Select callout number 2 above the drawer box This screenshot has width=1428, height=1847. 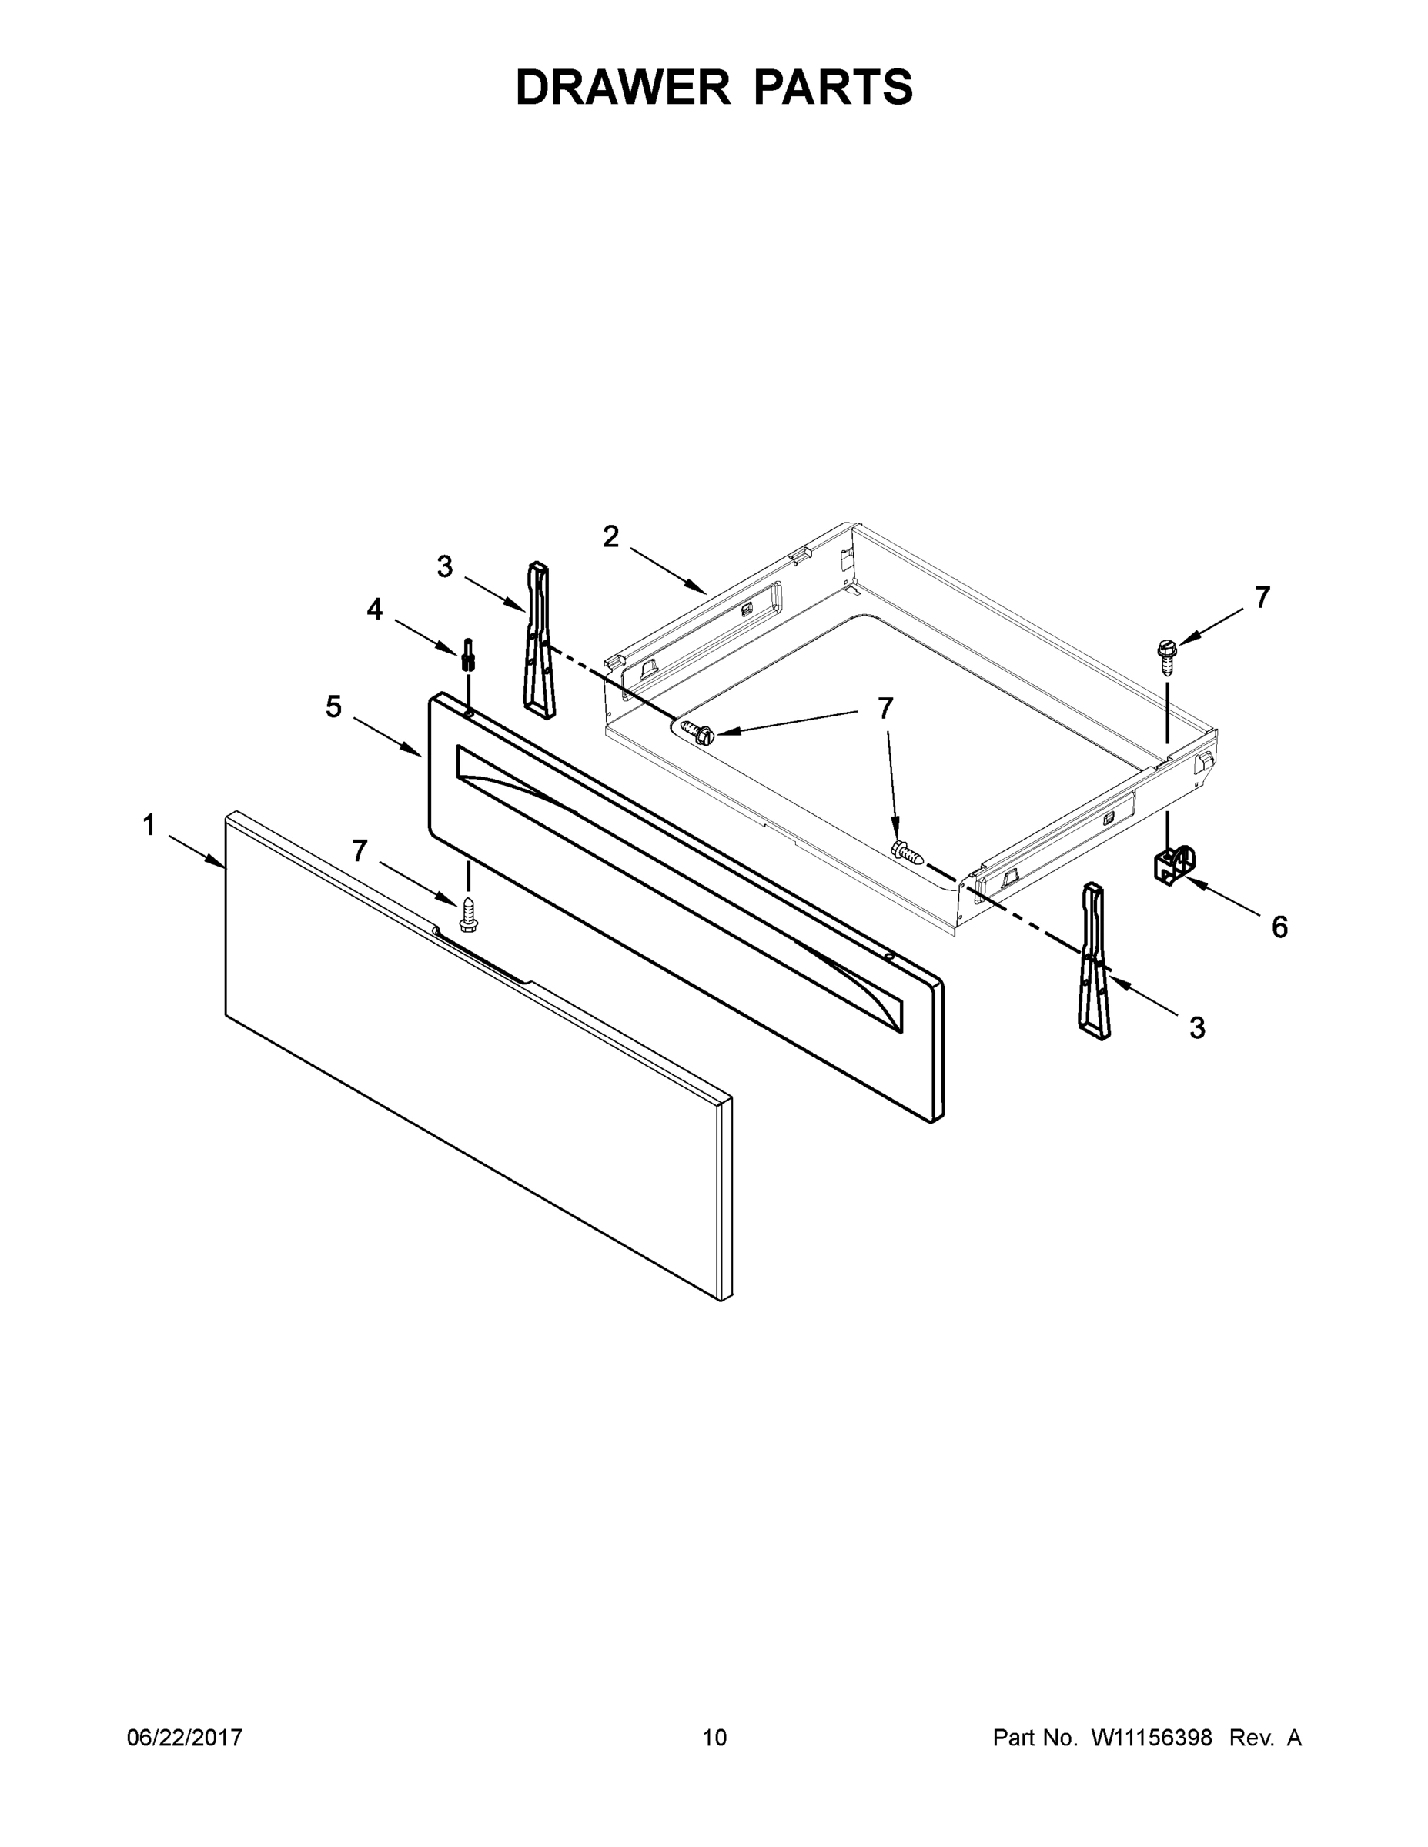click(610, 536)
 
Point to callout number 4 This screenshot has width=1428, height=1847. click(374, 608)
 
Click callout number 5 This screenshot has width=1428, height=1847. click(334, 706)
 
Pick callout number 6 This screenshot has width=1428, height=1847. click(1279, 927)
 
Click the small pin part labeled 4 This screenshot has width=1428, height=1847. click(467, 655)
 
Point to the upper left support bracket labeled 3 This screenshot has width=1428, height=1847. click(540, 639)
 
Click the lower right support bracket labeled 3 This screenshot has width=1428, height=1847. click(1092, 960)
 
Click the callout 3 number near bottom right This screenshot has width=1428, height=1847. click(1196, 1027)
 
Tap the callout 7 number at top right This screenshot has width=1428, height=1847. click(1262, 598)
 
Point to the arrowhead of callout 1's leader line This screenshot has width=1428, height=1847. click(222, 864)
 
